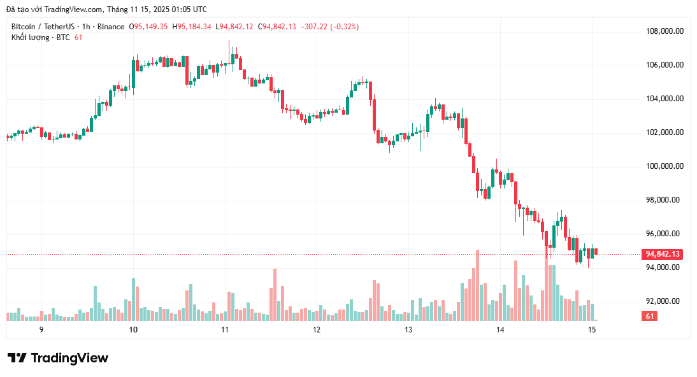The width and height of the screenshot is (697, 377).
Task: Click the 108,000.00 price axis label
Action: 665,31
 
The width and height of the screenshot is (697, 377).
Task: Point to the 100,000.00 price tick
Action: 665,166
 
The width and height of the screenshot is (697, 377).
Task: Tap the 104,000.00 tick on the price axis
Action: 665,99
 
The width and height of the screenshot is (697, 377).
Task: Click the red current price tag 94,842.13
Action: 663,254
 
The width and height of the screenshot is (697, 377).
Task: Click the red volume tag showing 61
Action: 650,317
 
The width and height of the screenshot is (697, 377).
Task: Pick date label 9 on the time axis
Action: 41,330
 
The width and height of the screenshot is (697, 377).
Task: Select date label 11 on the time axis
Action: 224,330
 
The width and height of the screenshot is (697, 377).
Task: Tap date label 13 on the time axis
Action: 408,330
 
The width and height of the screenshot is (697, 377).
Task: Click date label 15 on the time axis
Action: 592,330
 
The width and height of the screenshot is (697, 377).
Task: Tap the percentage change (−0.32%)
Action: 342,27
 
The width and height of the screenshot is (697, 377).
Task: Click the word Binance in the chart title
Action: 111,27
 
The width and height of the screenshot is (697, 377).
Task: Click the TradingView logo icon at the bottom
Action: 17,358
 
